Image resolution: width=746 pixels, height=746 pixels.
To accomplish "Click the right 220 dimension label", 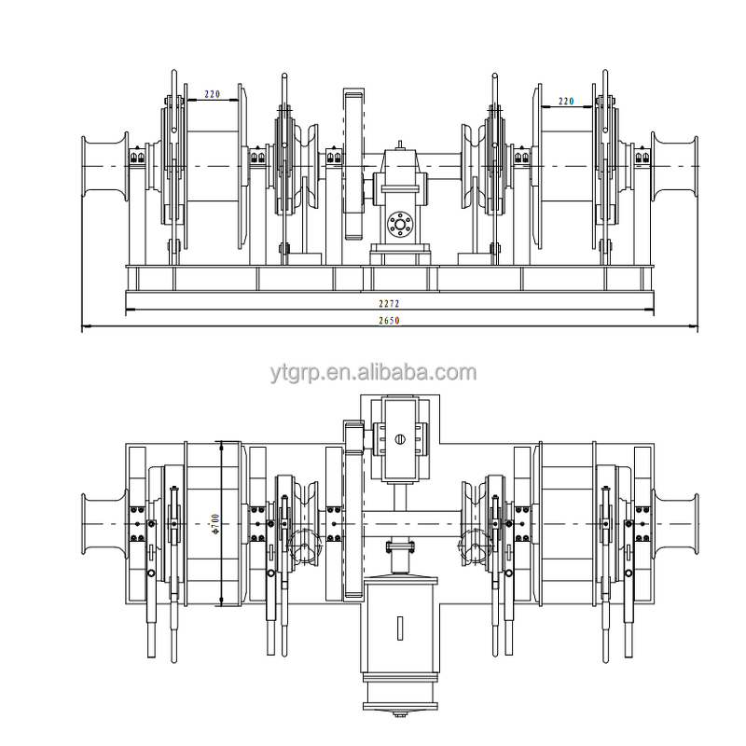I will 566,101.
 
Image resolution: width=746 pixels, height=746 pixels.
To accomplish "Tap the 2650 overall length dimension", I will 389,321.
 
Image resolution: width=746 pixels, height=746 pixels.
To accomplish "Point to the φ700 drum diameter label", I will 215,525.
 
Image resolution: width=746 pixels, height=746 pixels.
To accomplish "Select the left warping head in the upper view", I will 103,166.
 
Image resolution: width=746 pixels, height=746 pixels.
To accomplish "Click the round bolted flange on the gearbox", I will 400,224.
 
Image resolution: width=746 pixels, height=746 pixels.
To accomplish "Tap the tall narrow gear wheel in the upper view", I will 352,165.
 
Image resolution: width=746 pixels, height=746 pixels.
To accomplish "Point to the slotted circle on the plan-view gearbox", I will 399,439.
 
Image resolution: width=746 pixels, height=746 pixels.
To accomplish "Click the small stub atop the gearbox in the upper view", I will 400,145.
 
